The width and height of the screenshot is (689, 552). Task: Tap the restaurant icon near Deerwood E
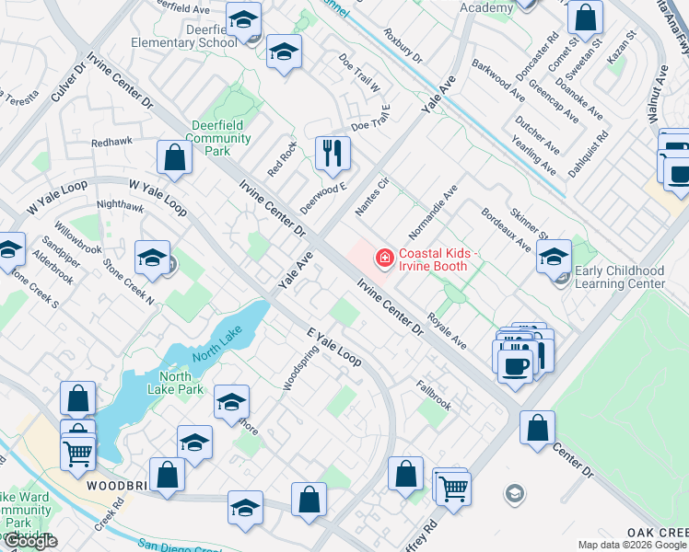pos(333,152)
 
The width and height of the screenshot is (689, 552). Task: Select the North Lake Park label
pos(175,383)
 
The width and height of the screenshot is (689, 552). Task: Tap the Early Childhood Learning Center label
pos(619,278)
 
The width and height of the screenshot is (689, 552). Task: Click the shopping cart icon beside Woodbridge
pos(78,452)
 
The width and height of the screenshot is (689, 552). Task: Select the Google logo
pos(29,542)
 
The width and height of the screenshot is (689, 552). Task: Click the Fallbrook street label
pos(433,395)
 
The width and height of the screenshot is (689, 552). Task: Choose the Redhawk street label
pos(112,143)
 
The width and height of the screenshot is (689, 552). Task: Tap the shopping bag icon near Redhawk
pos(174,157)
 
